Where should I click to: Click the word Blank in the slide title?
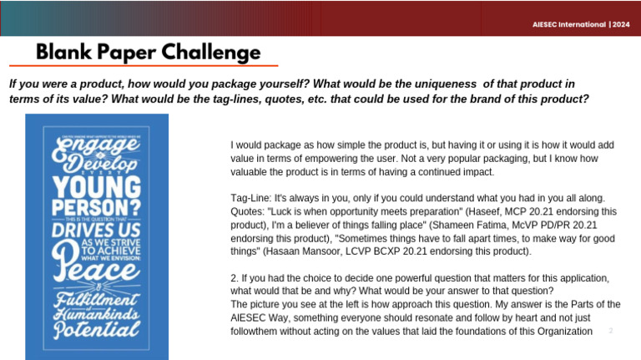coord(62,53)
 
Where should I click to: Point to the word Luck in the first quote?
coord(285,211)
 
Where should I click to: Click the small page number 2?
coord(611,331)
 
